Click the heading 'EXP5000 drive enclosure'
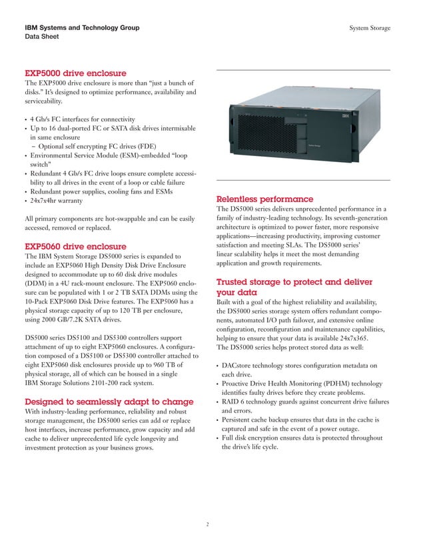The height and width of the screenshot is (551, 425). [75, 72]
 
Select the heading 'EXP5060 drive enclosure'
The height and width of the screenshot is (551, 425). [75, 245]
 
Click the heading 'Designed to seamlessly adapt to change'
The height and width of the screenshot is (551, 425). [109, 402]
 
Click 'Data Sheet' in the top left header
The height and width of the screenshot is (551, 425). [42, 37]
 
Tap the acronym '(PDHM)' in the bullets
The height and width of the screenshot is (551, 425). [337, 384]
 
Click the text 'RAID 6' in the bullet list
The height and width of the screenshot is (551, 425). [237, 402]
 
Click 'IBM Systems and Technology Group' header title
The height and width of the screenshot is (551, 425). [82, 28]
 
